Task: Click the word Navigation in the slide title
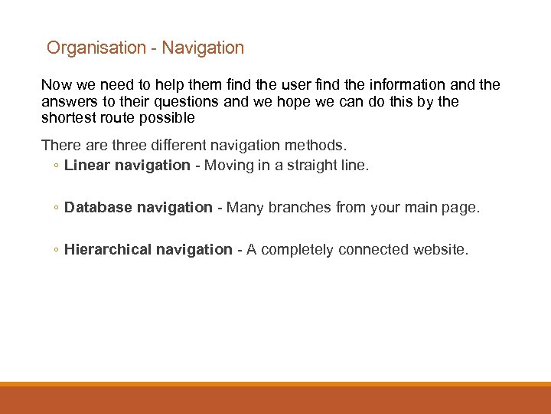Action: click(x=203, y=48)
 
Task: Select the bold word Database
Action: click(x=99, y=207)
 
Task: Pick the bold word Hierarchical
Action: click(x=108, y=249)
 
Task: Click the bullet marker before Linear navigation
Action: click(x=57, y=166)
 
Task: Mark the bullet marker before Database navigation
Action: click(x=57, y=208)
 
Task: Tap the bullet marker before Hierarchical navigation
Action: click(x=57, y=250)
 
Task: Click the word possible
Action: click(x=168, y=118)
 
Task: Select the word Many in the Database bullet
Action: click(x=245, y=207)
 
